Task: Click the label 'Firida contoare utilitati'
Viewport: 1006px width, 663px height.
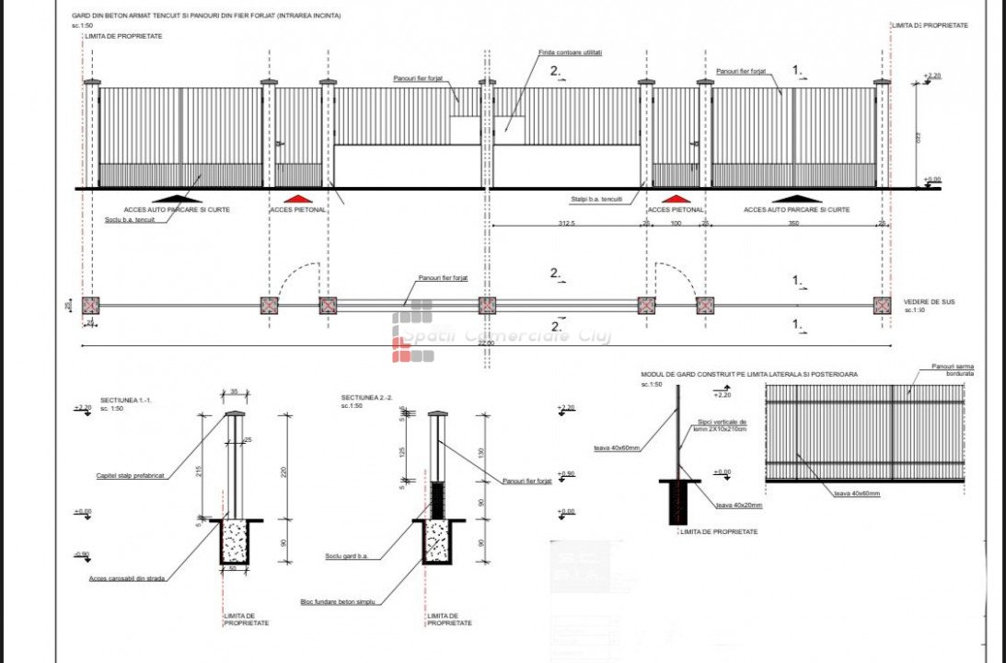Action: pyautogui.click(x=571, y=52)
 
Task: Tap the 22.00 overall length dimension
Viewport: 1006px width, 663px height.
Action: pyautogui.click(x=484, y=343)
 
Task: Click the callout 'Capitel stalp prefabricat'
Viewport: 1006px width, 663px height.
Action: pyautogui.click(x=130, y=476)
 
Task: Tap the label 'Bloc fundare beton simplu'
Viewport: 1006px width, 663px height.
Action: pyautogui.click(x=341, y=601)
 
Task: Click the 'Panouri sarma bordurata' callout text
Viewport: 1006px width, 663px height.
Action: pyautogui.click(x=952, y=370)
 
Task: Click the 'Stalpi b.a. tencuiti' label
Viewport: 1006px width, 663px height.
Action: pyautogui.click(x=596, y=199)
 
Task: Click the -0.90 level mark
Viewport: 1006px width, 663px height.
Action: pyautogui.click(x=82, y=553)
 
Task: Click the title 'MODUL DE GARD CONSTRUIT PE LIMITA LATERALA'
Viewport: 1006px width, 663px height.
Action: pyautogui.click(x=749, y=375)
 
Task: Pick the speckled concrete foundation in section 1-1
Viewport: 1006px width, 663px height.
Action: pyautogui.click(x=235, y=541)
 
